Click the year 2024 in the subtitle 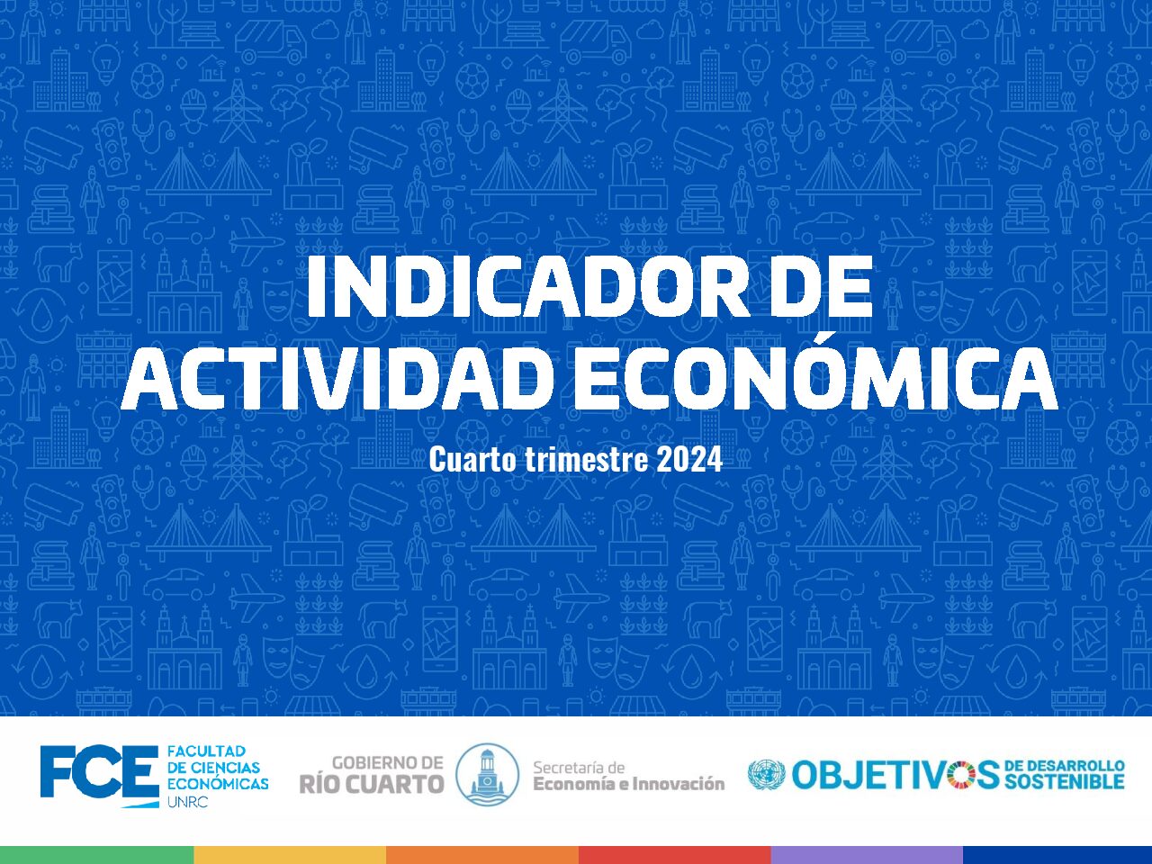pyautogui.click(x=689, y=460)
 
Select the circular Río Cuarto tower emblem pyautogui.click(x=487, y=774)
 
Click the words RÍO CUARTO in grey pyautogui.click(x=372, y=784)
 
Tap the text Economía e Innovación pyautogui.click(x=629, y=784)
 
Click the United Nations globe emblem pyautogui.click(x=767, y=775)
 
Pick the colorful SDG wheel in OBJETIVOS pyautogui.click(x=961, y=775)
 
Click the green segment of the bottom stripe pyautogui.click(x=96, y=855)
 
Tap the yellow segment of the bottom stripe pyautogui.click(x=290, y=855)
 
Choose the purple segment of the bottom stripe pyautogui.click(x=867, y=855)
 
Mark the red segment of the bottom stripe pyautogui.click(x=675, y=855)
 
